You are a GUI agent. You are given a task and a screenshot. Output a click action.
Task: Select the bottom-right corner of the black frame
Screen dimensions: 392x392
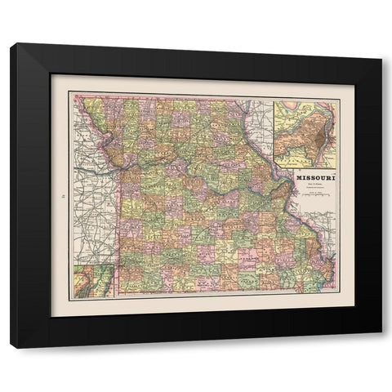pyautogui.click(x=381, y=346)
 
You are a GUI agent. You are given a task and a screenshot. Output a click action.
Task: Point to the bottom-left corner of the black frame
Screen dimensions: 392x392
pyautogui.click(x=11, y=346)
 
